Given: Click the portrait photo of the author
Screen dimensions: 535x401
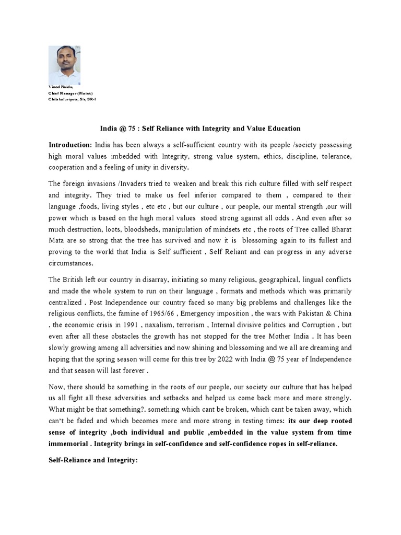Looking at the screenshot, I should [x=65, y=65].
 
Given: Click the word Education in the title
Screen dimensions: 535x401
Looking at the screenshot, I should [x=282, y=128].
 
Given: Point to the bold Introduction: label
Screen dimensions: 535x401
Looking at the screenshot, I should [x=70, y=145].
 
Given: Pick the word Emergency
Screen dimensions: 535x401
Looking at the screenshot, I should [x=204, y=314].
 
